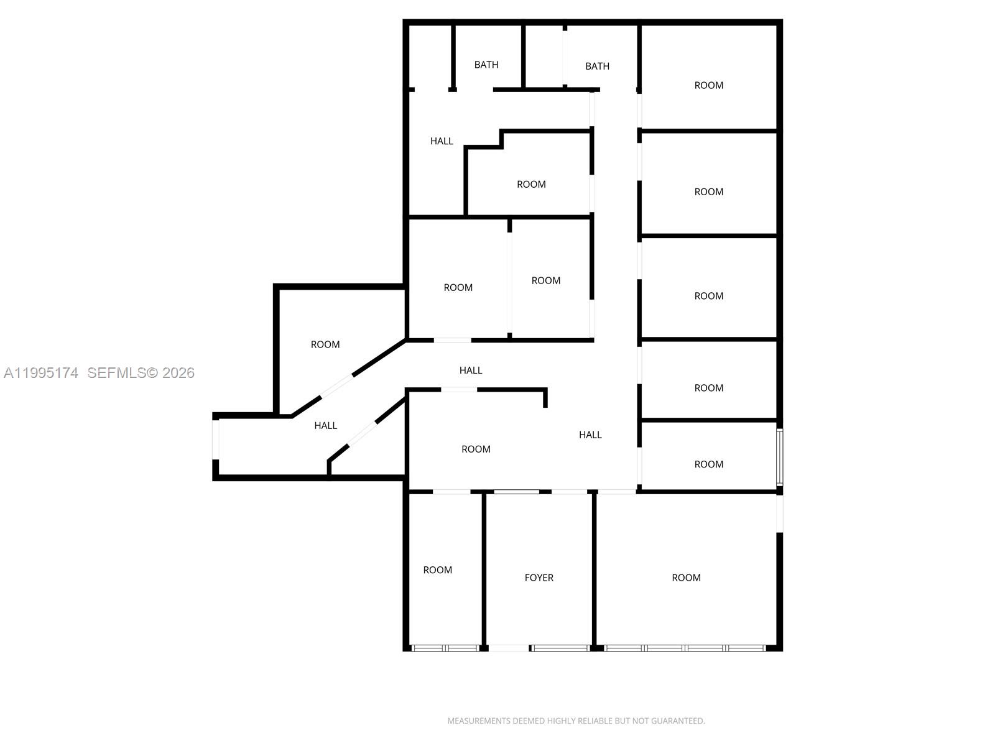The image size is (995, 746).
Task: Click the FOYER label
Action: (x=539, y=578)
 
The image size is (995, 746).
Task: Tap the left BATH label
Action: (x=486, y=65)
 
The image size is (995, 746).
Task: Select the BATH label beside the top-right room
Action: (x=597, y=66)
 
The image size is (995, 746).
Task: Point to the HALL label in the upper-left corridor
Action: (x=442, y=141)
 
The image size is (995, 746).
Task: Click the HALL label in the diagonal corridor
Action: (x=325, y=425)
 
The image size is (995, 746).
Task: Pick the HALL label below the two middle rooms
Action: (x=471, y=370)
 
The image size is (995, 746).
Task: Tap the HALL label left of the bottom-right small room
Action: (x=590, y=435)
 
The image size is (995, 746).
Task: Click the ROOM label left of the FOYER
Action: (x=437, y=570)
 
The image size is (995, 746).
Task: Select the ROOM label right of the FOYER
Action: (x=686, y=578)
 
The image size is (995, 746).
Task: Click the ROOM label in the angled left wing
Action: (x=325, y=344)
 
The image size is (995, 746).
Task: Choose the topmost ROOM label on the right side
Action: (x=708, y=85)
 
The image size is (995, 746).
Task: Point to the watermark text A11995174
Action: (x=41, y=373)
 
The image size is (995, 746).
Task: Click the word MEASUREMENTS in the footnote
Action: (x=478, y=721)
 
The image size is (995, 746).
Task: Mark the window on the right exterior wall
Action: (x=779, y=456)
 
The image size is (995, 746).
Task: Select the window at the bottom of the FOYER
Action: (x=560, y=648)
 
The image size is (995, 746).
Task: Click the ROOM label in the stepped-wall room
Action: (x=531, y=184)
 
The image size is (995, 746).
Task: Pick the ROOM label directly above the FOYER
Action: (x=476, y=449)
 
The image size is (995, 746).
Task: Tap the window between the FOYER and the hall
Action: (x=516, y=492)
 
